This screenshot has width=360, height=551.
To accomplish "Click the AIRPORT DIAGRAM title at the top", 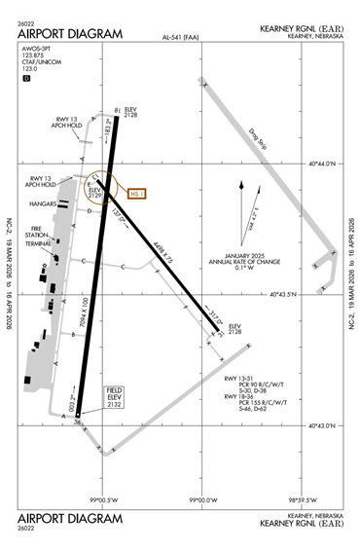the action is (71, 33).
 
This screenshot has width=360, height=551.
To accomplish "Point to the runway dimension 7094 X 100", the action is (86, 324).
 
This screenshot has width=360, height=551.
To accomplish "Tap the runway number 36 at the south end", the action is (77, 420).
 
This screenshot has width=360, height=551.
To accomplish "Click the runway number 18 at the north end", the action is (117, 110).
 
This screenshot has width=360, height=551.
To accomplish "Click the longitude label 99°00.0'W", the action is (202, 500).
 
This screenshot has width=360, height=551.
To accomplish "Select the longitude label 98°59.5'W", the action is (304, 500).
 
